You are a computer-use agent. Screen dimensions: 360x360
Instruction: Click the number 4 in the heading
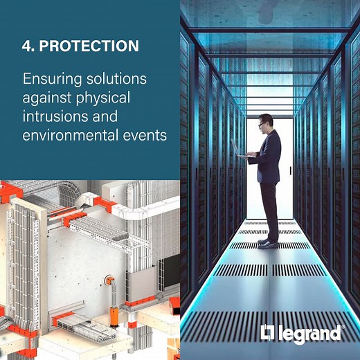click(27, 46)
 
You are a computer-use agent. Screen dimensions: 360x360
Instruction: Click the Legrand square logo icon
click(267, 333)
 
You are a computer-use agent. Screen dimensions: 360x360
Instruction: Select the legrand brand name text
click(309, 334)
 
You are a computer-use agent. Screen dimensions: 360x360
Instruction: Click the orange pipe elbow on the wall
click(109, 280)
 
